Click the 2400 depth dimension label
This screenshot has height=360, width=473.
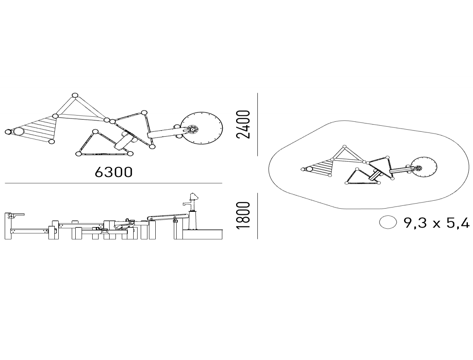coord(243,124)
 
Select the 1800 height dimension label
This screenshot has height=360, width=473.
coord(243,215)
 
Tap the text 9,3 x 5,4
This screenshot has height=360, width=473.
coord(436,223)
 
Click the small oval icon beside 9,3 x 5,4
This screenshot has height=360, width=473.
coord(388,222)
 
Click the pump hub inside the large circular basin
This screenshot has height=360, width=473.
coord(193,129)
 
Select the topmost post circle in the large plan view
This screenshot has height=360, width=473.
coord(75,95)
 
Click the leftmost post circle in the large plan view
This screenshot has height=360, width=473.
coord(8,132)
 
